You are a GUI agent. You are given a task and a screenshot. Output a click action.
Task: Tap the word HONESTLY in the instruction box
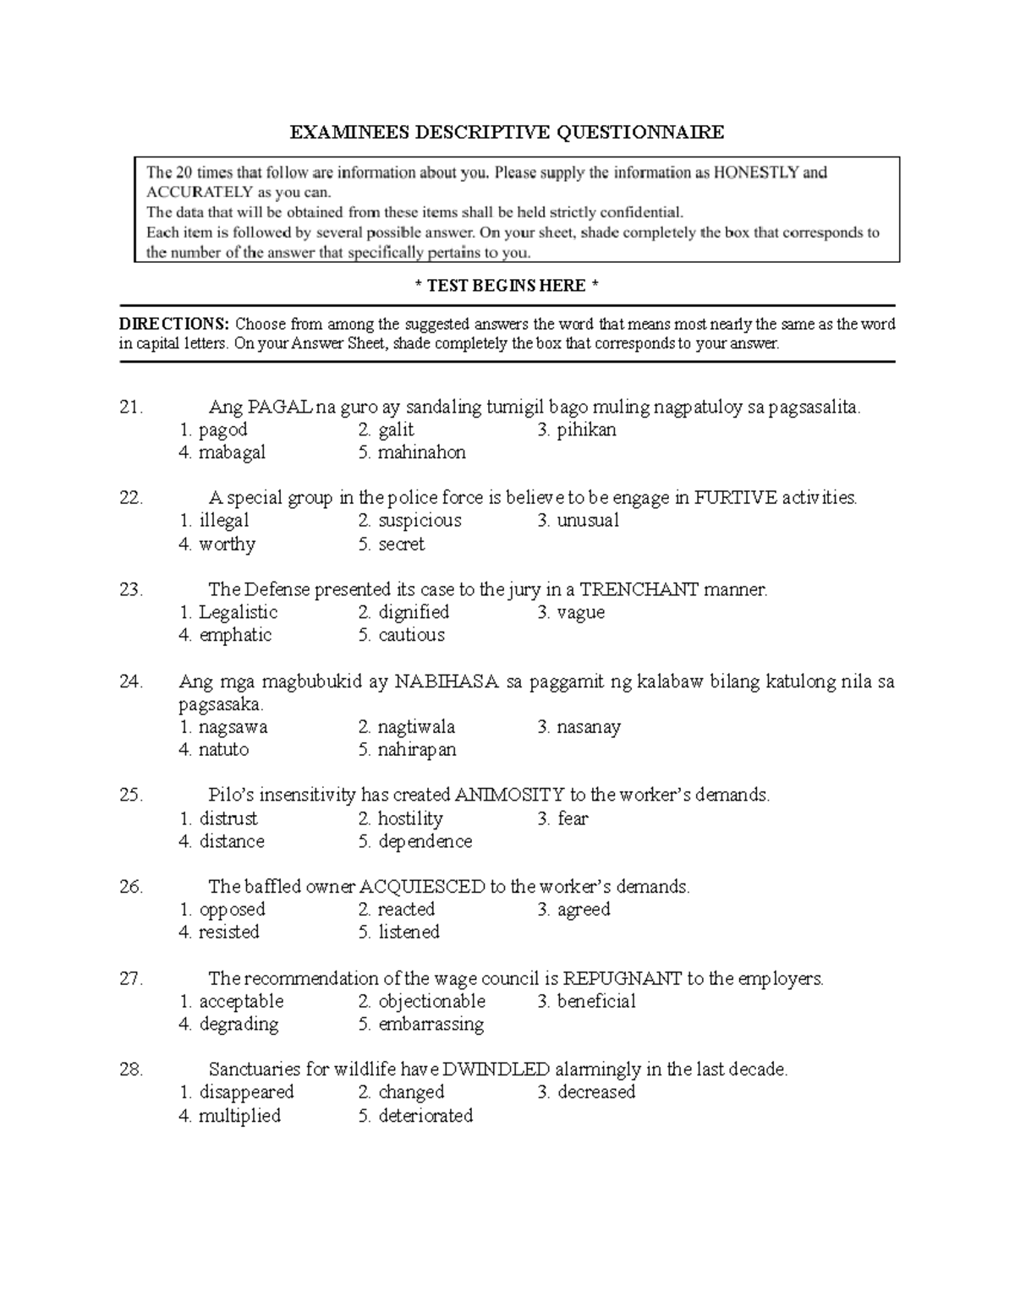click(x=756, y=172)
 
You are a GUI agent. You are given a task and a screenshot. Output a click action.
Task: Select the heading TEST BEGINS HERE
click(x=507, y=286)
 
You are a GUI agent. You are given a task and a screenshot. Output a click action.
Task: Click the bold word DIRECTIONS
click(x=173, y=324)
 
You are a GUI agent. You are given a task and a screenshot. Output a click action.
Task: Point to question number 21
click(x=131, y=408)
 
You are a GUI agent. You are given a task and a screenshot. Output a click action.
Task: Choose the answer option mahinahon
click(x=421, y=452)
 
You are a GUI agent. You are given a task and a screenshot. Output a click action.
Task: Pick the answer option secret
click(x=401, y=544)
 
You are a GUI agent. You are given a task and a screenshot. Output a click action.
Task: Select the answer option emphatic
click(x=235, y=635)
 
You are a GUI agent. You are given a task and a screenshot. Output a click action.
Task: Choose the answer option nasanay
click(x=589, y=727)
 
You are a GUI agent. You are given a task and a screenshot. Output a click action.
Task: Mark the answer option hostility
click(x=410, y=818)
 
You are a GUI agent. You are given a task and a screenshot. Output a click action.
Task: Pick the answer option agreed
click(x=584, y=910)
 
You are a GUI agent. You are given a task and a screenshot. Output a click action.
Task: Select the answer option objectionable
click(x=431, y=1001)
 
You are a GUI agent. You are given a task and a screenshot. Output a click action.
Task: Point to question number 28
click(x=131, y=1070)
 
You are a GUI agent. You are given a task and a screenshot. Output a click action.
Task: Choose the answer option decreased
click(x=595, y=1092)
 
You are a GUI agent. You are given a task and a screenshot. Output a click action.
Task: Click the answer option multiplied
click(x=239, y=1116)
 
